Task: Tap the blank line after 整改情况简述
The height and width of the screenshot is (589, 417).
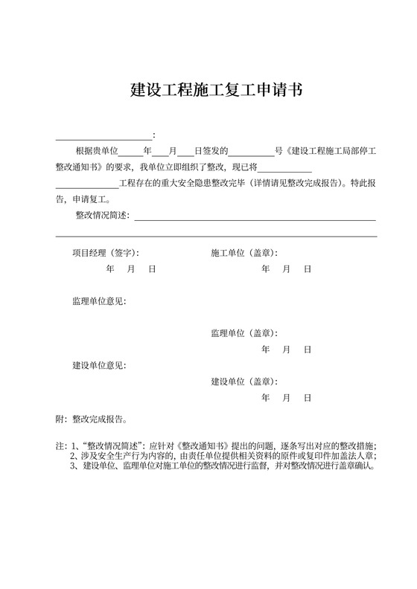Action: point(253,219)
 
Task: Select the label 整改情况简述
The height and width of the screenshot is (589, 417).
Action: point(102,216)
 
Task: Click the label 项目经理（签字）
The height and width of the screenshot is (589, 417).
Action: point(105,253)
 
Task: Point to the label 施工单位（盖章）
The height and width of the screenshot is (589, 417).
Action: point(244,253)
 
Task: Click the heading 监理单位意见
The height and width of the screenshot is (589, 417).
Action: point(99,301)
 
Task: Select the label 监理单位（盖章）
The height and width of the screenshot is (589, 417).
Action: point(244,333)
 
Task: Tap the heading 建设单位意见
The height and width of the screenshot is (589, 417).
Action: point(99,365)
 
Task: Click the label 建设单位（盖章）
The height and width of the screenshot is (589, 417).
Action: point(244,382)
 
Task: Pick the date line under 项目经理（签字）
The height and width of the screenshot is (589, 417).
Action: point(130,269)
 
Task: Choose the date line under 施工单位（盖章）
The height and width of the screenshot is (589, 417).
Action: point(286,269)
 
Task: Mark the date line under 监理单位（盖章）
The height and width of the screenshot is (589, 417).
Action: point(286,350)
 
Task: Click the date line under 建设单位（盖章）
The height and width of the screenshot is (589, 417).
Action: point(286,398)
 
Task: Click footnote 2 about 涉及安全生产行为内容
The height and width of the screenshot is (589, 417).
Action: point(223,456)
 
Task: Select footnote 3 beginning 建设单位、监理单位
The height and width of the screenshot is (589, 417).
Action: point(223,466)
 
